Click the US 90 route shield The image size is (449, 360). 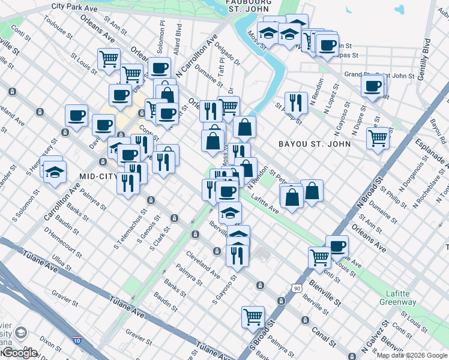pyautogui.click(x=297, y=289)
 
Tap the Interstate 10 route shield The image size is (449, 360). pyautogui.click(x=76, y=341)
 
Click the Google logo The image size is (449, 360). pyautogui.click(x=19, y=353)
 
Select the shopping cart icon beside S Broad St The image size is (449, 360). pyautogui.click(x=253, y=316)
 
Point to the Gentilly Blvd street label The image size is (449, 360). pyautogui.click(x=427, y=55)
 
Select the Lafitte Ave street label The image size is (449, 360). pyautogui.click(x=265, y=205)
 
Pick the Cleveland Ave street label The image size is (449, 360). pyautogui.click(x=202, y=263)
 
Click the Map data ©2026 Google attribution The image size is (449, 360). pyautogui.click(x=411, y=355)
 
